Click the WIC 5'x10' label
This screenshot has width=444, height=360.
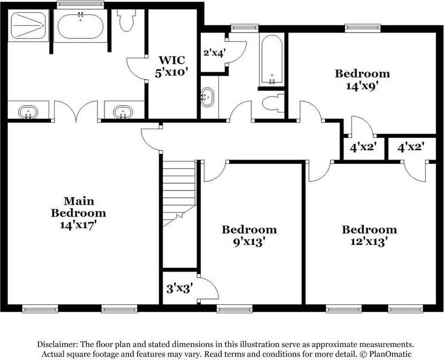172,66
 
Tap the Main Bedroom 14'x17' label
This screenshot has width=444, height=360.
79,213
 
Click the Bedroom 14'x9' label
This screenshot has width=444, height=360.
363,79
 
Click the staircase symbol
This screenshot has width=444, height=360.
179,193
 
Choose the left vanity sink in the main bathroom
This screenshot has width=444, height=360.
28,112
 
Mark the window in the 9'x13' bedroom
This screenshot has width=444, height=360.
234,309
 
